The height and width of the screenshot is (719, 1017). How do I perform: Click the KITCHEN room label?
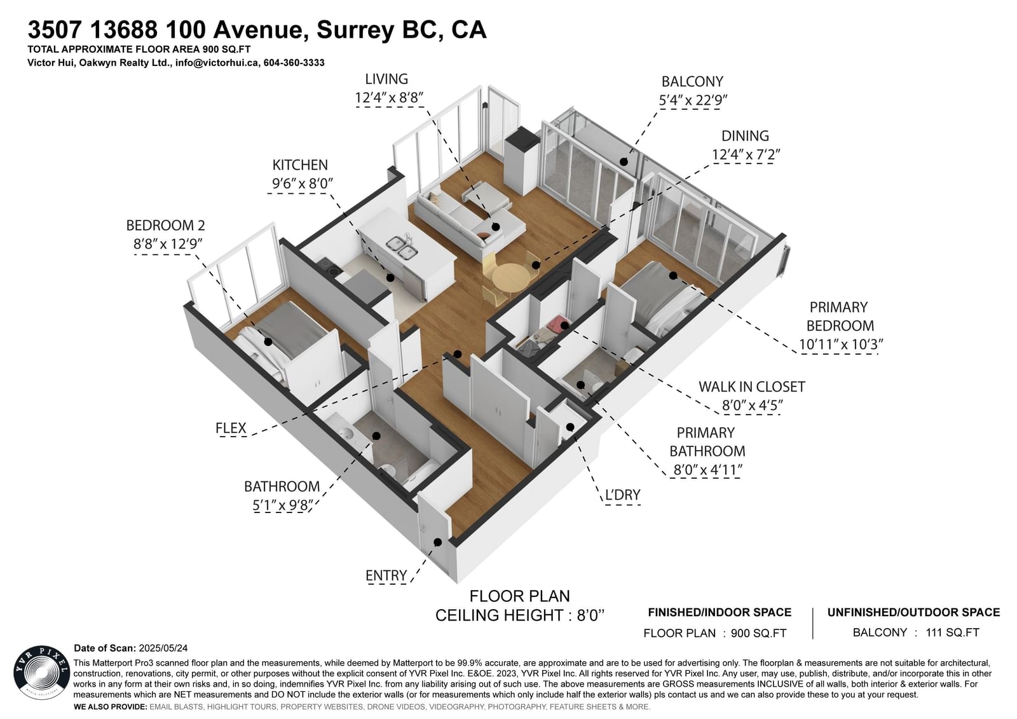click(x=299, y=165)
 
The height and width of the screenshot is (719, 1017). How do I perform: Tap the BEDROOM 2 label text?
click(x=165, y=225)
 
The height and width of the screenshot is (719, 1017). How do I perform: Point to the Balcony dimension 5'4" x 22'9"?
click(x=693, y=100)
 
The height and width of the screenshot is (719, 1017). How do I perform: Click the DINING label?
click(x=745, y=136)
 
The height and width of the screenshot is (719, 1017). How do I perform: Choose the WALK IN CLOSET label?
click(x=751, y=387)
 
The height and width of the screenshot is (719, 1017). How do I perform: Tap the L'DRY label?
click(x=622, y=495)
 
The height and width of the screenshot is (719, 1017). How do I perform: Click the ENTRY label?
click(x=386, y=575)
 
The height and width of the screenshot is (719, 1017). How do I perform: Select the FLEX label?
click(x=231, y=428)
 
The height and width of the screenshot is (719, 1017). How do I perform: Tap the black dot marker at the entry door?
click(x=438, y=542)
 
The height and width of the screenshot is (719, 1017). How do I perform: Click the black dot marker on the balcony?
click(x=624, y=161)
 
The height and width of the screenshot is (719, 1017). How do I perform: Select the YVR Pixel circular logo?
click(x=42, y=674)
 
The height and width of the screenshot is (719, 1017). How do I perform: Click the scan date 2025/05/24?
click(x=163, y=648)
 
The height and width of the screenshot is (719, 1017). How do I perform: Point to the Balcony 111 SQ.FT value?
click(x=953, y=633)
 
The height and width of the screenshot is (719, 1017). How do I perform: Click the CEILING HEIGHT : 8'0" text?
click(x=520, y=615)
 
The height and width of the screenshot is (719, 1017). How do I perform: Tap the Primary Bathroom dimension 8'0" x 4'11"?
click(x=707, y=470)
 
